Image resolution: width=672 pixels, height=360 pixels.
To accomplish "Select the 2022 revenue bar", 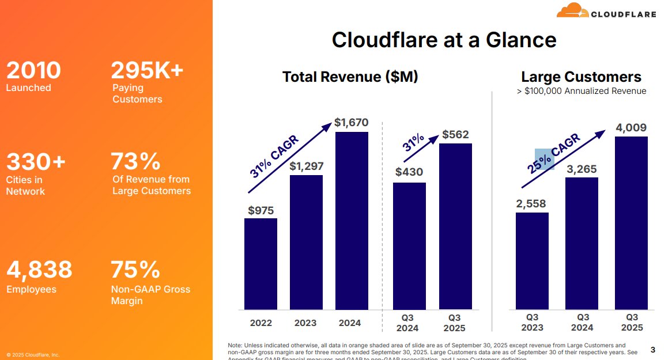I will point(261,264).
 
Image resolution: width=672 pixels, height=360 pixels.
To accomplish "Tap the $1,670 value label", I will point(351,123).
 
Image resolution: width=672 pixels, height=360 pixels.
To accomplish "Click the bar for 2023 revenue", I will point(306,242).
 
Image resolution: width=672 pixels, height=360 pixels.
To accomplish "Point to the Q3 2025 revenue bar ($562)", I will point(455,226).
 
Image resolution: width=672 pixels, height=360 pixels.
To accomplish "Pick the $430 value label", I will point(409,172).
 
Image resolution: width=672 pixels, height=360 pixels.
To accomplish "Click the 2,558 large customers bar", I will point(532,260).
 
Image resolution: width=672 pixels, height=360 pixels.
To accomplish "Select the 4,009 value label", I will point(631,128).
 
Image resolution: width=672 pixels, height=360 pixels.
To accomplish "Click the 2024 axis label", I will point(351,323).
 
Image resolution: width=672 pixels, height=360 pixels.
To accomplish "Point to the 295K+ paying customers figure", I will point(147,70).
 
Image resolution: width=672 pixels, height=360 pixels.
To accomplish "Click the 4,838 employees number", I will point(39,269).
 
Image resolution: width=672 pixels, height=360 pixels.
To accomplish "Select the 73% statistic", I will point(135,161).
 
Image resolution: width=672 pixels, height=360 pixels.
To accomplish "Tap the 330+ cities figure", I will point(36,162).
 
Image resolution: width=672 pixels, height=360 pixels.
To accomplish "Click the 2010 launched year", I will point(33,70).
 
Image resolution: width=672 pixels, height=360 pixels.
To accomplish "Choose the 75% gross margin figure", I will point(135,270).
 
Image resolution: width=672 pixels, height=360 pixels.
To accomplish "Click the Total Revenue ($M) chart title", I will point(350,77).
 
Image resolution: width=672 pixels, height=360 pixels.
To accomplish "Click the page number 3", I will point(652,350).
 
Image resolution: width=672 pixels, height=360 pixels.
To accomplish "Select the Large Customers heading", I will point(581,77).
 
